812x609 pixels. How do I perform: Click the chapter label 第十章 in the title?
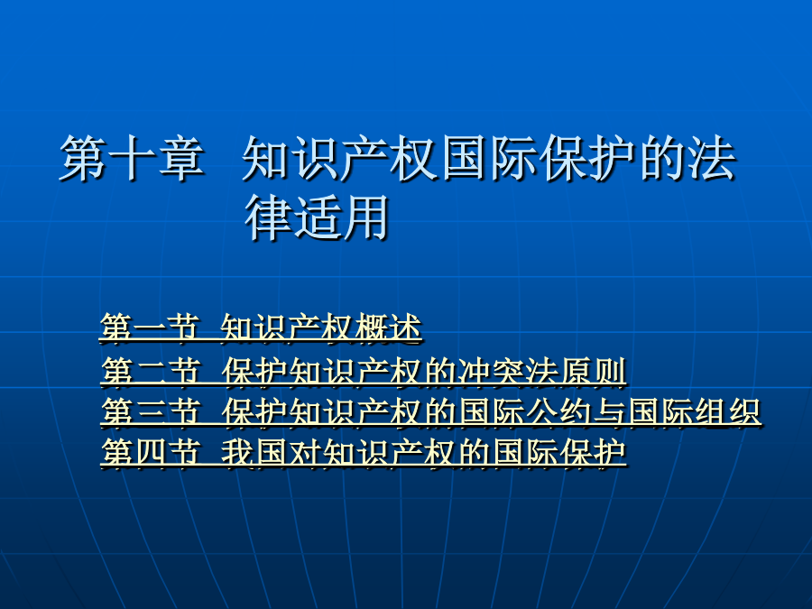(x=132, y=159)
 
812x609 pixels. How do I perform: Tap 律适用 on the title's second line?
(x=317, y=217)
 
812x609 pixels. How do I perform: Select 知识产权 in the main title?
(x=340, y=159)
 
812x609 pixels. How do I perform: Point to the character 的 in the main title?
(x=663, y=159)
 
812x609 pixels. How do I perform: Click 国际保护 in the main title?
(x=539, y=159)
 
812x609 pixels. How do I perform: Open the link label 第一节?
(x=150, y=328)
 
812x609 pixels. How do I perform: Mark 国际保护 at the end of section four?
(x=559, y=453)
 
